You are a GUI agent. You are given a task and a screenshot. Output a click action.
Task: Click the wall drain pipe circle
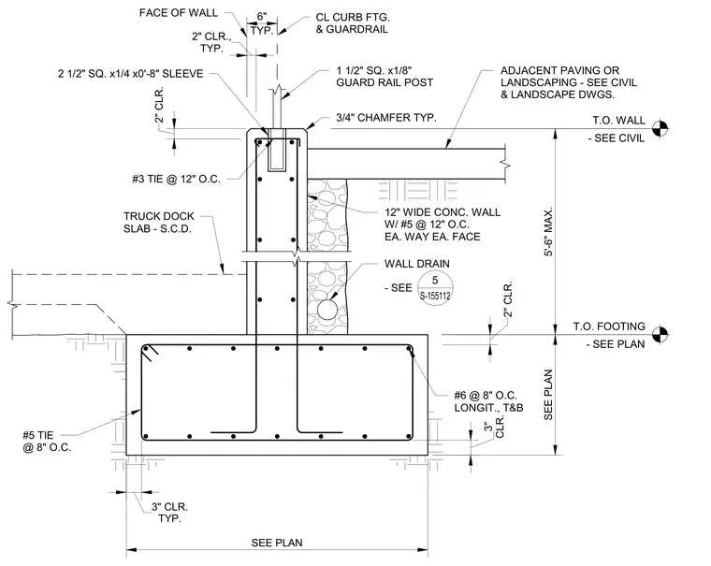(x=326, y=311)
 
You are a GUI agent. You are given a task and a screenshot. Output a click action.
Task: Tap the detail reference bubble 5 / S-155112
(x=435, y=287)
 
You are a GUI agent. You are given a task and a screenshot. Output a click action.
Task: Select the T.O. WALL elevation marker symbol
(x=660, y=129)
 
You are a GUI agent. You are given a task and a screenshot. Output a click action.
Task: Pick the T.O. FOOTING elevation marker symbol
(x=660, y=335)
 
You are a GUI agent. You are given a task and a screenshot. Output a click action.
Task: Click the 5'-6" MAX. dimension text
(x=548, y=232)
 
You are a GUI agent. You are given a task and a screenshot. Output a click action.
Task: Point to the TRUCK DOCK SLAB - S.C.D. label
(x=159, y=223)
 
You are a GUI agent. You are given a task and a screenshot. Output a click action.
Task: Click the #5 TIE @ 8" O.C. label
(x=47, y=442)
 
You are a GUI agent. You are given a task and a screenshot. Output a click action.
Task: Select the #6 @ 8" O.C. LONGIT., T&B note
(x=488, y=401)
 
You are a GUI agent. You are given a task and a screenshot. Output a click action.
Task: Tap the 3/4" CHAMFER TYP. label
(x=385, y=118)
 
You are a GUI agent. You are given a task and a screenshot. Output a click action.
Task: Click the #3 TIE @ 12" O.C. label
(x=177, y=179)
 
